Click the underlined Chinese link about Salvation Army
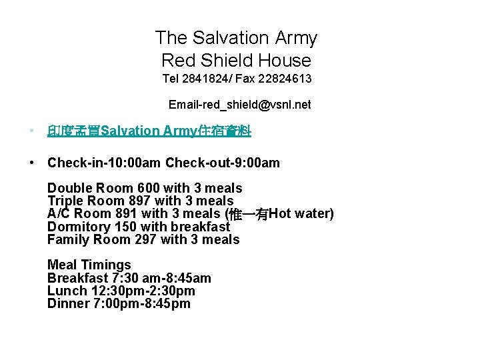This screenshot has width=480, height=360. [x=149, y=131]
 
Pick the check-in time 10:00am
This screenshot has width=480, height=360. [x=133, y=163]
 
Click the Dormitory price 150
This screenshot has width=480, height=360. [x=126, y=227]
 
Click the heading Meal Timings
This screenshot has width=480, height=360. [x=89, y=265]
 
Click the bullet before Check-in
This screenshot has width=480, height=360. [x=32, y=163]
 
